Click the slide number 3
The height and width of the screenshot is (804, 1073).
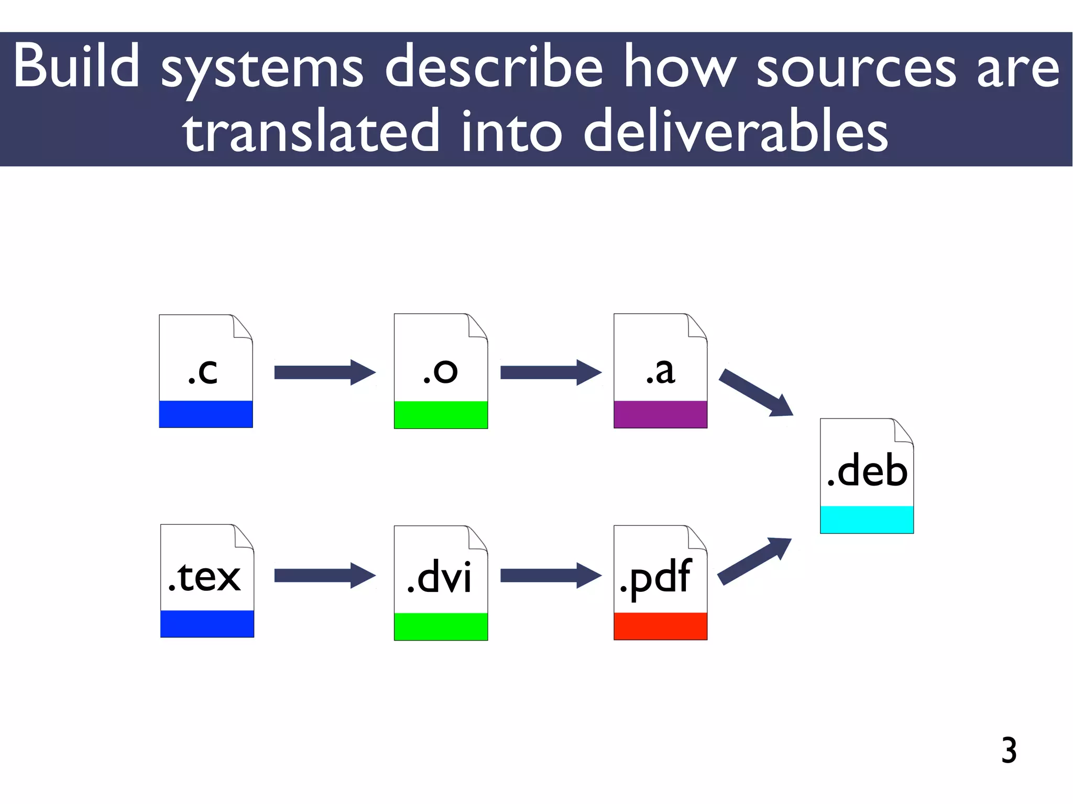click(1009, 750)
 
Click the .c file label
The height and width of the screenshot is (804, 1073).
click(203, 371)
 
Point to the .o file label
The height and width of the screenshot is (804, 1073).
click(440, 371)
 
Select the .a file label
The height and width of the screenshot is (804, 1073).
click(660, 371)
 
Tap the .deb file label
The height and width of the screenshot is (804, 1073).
click(867, 470)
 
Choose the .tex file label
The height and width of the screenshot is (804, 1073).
click(205, 576)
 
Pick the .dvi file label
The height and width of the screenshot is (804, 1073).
click(440, 576)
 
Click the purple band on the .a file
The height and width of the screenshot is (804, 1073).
click(660, 414)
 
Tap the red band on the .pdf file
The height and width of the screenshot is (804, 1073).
click(660, 626)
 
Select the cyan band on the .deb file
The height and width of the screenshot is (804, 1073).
click(867, 520)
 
